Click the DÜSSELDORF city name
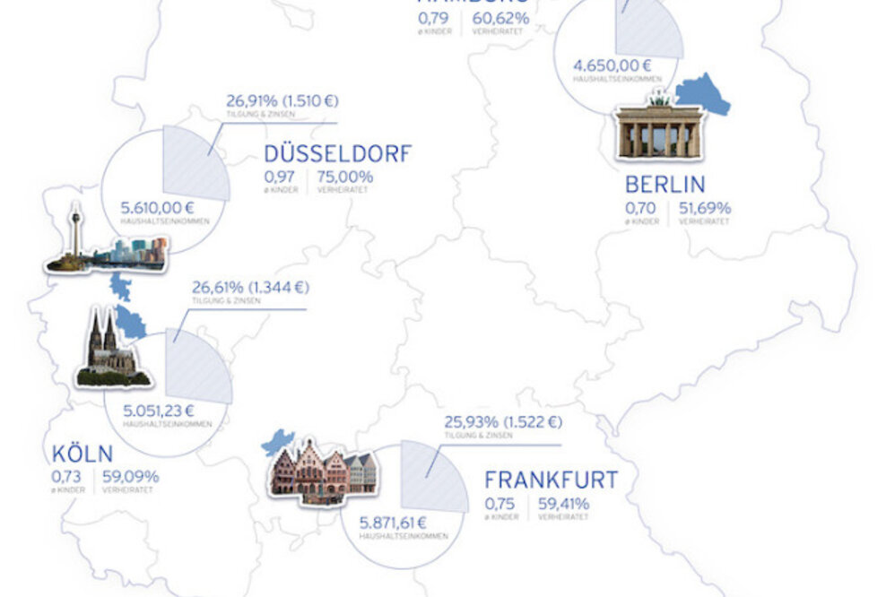(x=337, y=153)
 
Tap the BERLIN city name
(x=664, y=186)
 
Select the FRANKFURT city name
(x=551, y=480)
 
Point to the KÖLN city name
(x=83, y=453)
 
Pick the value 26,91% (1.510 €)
(x=282, y=100)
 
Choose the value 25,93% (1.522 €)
(x=502, y=422)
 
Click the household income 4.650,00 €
(x=612, y=65)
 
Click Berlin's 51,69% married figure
(x=704, y=208)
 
